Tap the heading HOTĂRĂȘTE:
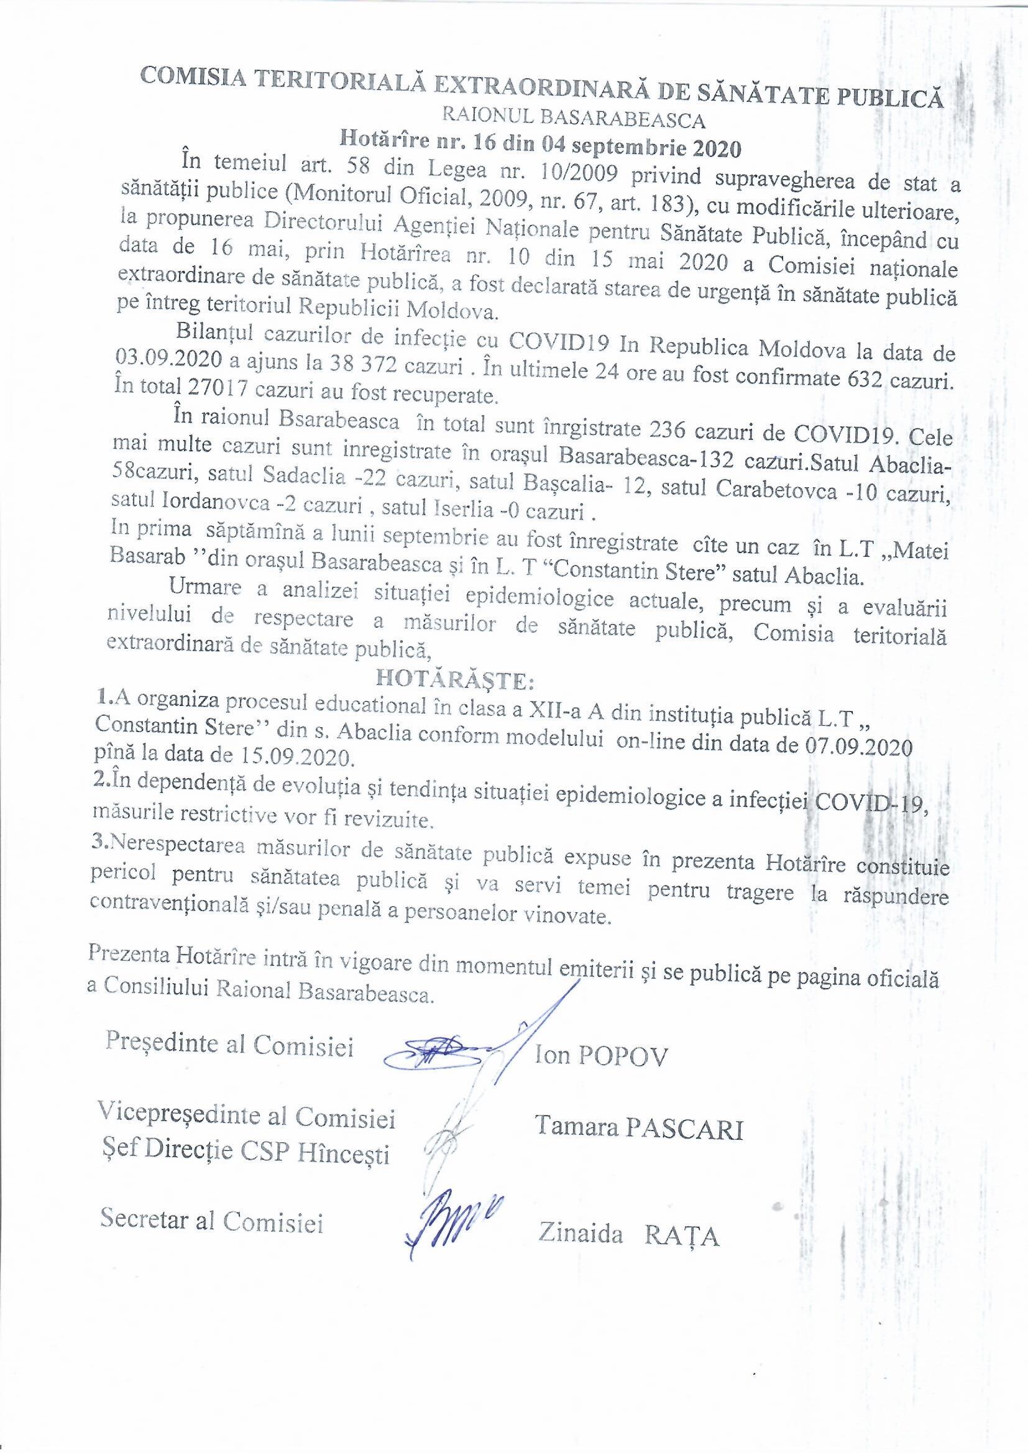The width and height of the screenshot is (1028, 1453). (x=456, y=681)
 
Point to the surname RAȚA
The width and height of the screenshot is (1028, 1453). (x=682, y=1251)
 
